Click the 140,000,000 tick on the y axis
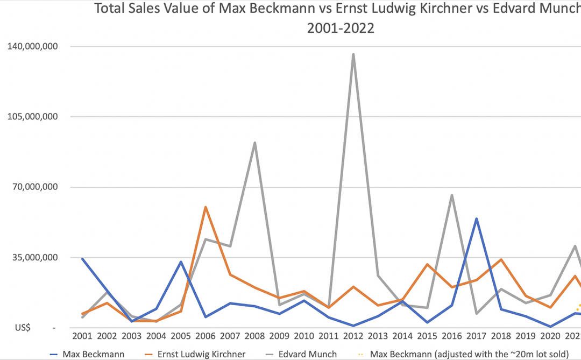pos(33,47)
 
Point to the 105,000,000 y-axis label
pos(33,117)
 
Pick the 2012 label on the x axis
pos(353,336)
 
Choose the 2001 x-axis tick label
pos(82,336)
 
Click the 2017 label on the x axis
pos(477,336)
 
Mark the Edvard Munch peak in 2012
pos(353,54)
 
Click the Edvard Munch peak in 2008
pos(254,143)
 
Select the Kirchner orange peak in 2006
pos(206,207)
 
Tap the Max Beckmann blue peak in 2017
pos(477,218)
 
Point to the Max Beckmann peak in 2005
pos(181,262)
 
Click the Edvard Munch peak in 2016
pos(452,195)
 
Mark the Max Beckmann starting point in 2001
pos(82,259)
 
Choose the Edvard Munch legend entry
pos(303,354)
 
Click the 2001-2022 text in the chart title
pos(341,28)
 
